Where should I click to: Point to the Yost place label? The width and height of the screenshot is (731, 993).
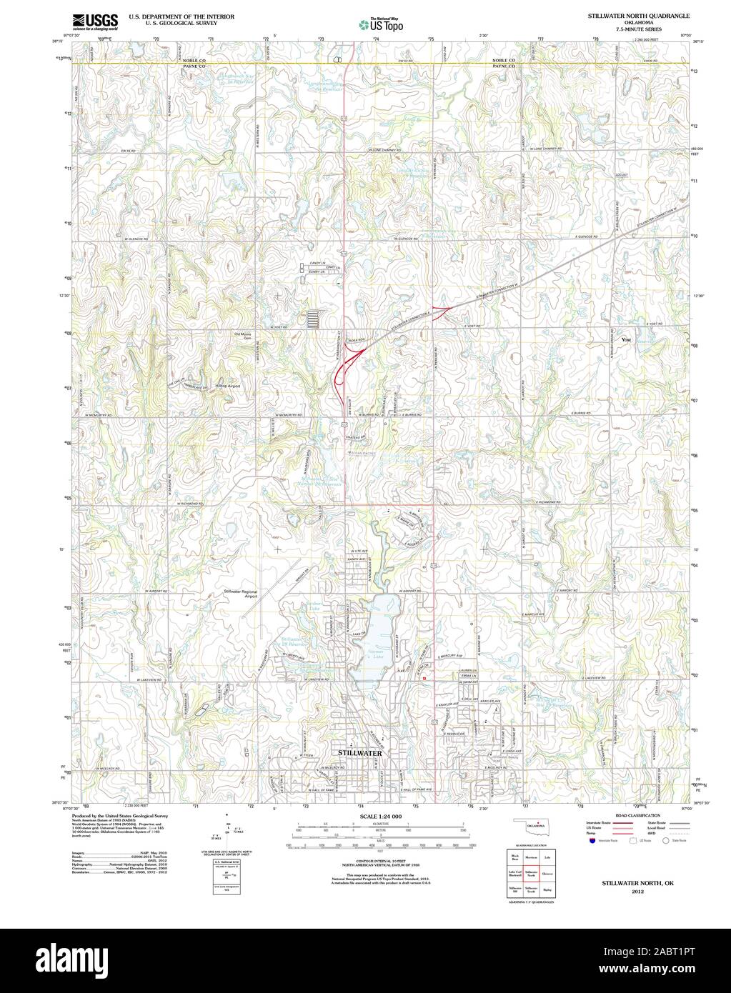[x=627, y=339]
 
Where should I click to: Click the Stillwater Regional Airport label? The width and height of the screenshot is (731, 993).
[x=241, y=594]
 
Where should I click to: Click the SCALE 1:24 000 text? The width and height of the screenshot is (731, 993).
[x=381, y=816]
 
